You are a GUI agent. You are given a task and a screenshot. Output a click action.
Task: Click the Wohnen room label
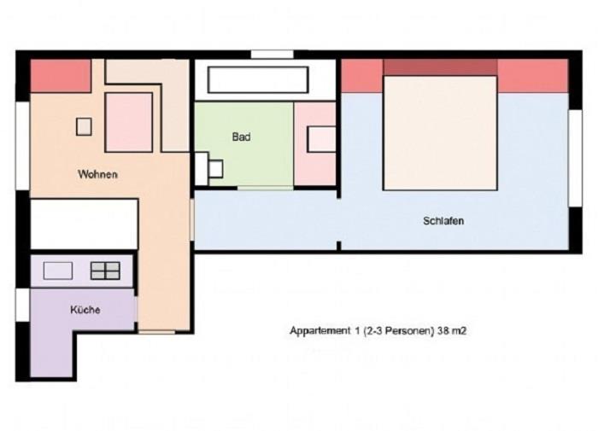(97, 174)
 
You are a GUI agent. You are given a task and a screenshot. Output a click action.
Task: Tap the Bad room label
(242, 137)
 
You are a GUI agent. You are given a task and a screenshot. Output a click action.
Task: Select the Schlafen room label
(443, 221)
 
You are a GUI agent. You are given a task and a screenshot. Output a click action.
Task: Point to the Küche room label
(85, 310)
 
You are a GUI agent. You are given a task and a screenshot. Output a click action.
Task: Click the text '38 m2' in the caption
(452, 331)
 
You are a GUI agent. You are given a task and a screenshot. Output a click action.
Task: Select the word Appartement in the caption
(320, 331)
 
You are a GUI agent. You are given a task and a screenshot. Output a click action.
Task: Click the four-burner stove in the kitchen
(105, 271)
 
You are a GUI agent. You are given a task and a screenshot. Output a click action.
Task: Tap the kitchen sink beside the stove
(58, 271)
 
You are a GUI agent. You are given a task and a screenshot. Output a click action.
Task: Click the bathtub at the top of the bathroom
(258, 79)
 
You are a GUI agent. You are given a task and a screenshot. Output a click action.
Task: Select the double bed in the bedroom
(441, 132)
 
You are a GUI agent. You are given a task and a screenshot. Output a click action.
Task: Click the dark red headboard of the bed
(441, 67)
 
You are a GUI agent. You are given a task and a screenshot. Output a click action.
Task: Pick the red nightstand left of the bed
(362, 76)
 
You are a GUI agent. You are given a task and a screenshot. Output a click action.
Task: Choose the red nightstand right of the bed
(533, 76)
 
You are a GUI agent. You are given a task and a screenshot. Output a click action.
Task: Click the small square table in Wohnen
(84, 126)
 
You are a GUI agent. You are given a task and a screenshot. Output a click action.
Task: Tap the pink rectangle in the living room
(129, 122)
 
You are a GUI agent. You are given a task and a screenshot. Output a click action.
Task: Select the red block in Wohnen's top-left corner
(61, 76)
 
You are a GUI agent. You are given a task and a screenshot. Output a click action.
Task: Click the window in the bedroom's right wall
(576, 158)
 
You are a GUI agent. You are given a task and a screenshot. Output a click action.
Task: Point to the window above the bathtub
(272, 54)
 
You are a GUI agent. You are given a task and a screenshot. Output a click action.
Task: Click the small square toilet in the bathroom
(216, 169)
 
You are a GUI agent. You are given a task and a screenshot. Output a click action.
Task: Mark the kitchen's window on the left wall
(22, 305)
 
